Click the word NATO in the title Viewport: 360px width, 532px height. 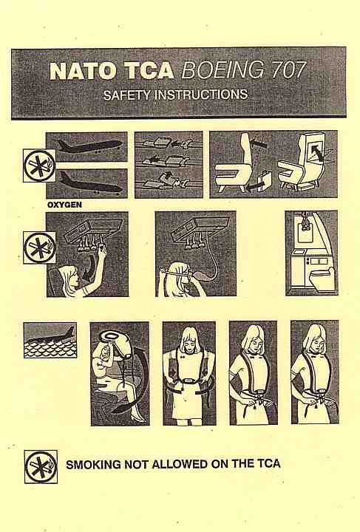[84, 71]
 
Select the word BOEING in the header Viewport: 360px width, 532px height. [223, 70]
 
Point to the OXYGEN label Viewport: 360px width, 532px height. [64, 205]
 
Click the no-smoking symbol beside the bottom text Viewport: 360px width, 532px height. [41, 466]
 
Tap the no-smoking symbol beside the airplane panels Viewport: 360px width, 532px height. [40, 166]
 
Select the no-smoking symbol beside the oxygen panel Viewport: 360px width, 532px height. [40, 248]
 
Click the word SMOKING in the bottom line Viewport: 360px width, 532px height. [93, 464]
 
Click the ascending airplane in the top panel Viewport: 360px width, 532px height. [89, 146]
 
